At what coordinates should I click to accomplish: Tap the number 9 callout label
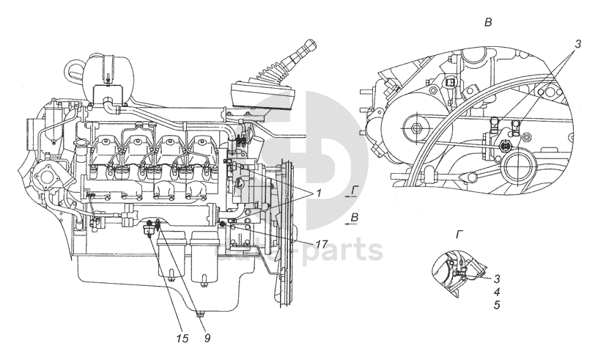point(207,338)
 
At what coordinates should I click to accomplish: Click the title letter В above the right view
point(488,23)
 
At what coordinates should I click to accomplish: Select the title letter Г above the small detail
point(459,234)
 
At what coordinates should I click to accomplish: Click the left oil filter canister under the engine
point(171,256)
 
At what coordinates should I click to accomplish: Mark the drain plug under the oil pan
point(199,316)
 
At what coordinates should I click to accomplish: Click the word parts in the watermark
point(345,249)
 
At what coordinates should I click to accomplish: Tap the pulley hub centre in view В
point(417,129)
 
